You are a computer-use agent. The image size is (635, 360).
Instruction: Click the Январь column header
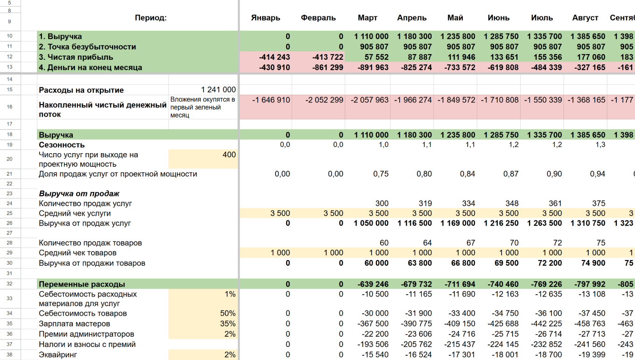[265, 18]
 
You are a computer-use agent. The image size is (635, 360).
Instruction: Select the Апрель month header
[412, 18]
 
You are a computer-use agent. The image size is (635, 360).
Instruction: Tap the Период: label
[150, 18]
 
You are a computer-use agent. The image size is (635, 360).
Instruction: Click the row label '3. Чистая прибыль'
[76, 57]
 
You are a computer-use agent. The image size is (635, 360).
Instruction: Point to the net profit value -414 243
[275, 57]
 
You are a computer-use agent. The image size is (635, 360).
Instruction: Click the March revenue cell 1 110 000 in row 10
[371, 36]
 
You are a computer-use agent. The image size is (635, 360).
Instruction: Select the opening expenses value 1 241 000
[219, 90]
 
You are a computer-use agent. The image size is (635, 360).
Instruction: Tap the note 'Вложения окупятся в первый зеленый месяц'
[203, 107]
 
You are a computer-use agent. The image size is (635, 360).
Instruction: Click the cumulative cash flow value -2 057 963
[369, 100]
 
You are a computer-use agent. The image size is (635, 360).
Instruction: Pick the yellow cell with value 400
[203, 159]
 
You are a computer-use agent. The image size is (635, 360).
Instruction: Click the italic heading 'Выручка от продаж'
[79, 194]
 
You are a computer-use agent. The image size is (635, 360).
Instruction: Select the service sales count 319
[425, 204]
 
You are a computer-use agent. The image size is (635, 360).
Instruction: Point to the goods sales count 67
[471, 243]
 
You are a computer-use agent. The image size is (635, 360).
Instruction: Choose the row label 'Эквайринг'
[58, 355]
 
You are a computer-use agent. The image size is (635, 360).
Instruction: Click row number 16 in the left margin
[10, 107]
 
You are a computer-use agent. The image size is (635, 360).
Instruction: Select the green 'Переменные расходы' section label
[82, 284]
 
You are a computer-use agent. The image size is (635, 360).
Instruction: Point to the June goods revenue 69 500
[506, 263]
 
